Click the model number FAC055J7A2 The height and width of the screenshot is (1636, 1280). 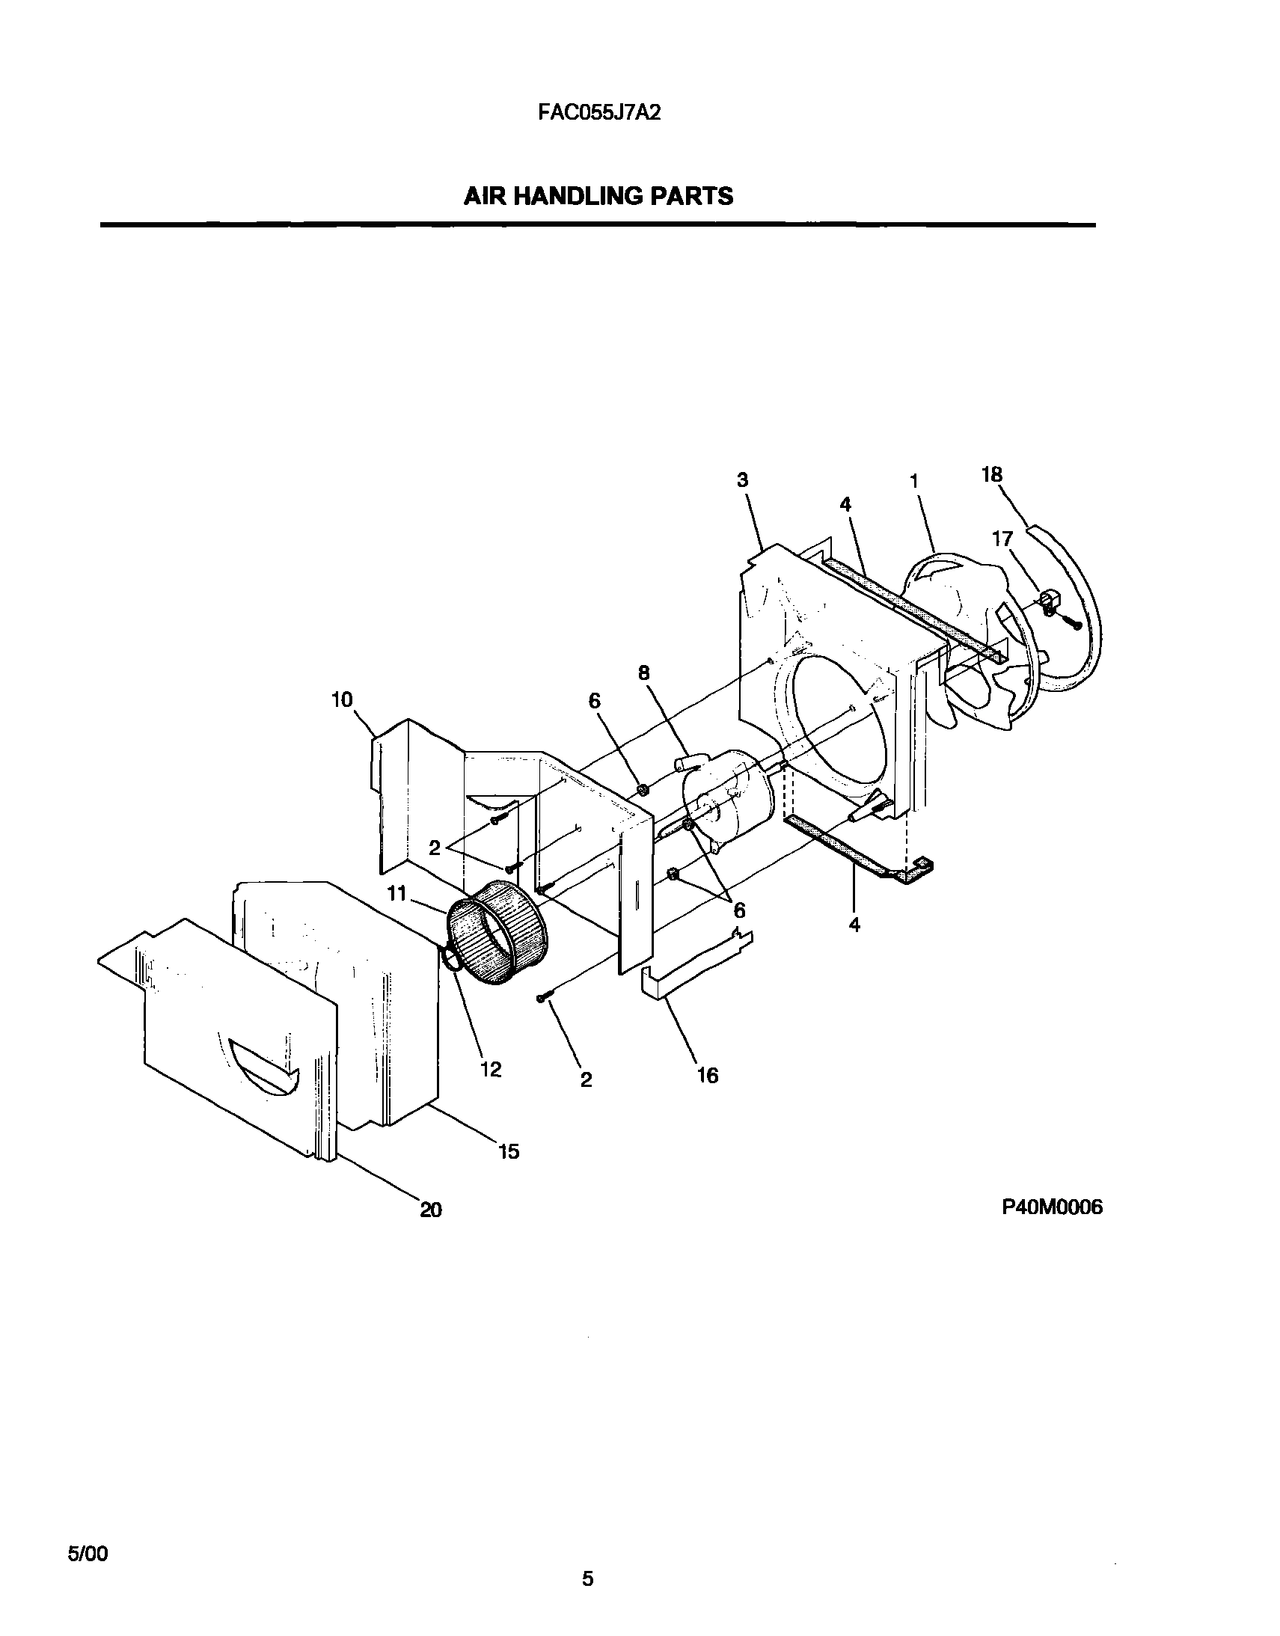599,112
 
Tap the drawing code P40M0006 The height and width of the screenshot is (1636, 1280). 1052,1207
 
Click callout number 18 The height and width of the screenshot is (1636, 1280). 991,474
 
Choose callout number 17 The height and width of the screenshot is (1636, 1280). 1002,539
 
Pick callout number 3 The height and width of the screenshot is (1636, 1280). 742,480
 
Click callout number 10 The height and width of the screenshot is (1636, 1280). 342,700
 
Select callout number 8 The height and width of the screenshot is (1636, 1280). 644,673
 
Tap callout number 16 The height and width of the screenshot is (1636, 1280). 708,1076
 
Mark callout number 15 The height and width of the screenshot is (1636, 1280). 509,1151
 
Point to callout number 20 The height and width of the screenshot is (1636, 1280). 431,1210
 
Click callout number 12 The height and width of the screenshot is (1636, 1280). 491,1070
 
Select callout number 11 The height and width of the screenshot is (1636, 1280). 396,893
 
